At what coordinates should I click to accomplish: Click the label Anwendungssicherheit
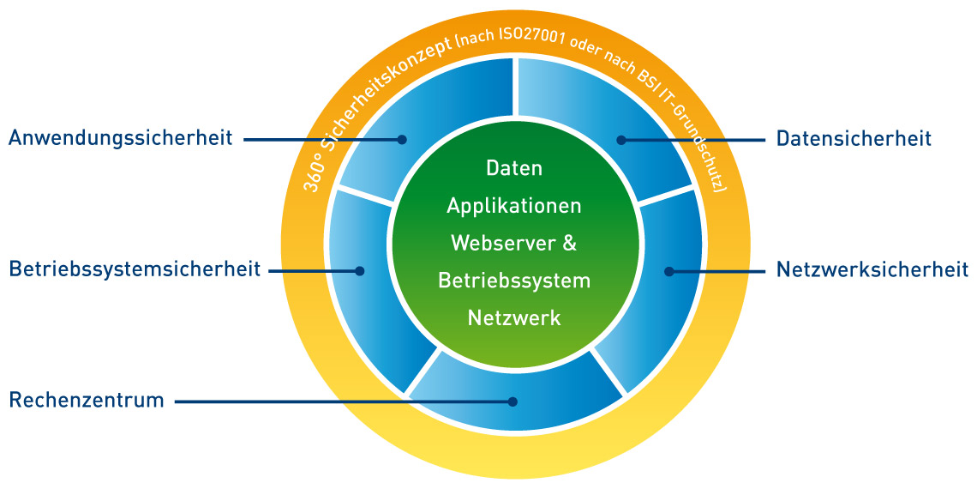coord(121,138)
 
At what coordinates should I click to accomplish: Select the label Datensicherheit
coord(854,138)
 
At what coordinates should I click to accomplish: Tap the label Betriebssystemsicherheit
coord(135,270)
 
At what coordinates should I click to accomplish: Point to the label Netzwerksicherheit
coord(872,270)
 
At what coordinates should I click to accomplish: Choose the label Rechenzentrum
coord(87,400)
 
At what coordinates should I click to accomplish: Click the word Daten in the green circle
coord(514,168)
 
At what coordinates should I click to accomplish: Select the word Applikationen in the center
coord(514,206)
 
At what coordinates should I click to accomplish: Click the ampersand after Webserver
coord(570,243)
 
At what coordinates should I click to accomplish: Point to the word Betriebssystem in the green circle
coord(514,281)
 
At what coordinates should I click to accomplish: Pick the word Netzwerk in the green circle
coord(514,318)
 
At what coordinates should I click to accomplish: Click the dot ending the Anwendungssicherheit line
coord(401,138)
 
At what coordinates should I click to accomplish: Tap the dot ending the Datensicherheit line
coord(622,138)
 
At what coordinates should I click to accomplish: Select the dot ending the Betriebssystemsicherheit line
coord(360,271)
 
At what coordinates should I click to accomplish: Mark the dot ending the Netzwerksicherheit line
coord(669,271)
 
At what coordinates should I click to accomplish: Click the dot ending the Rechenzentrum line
coord(513,401)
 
